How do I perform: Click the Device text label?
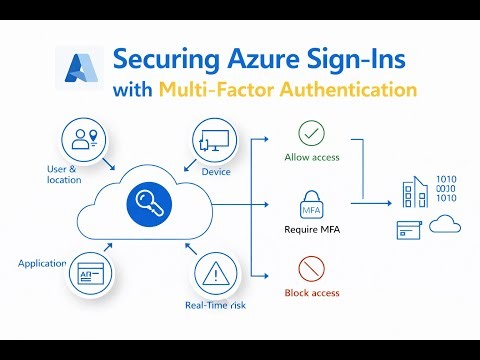[x=216, y=171]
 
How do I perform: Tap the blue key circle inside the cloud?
[x=149, y=204]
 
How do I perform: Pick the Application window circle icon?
[x=89, y=272]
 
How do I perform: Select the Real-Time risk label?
[x=216, y=304]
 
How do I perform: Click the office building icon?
[x=413, y=195]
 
